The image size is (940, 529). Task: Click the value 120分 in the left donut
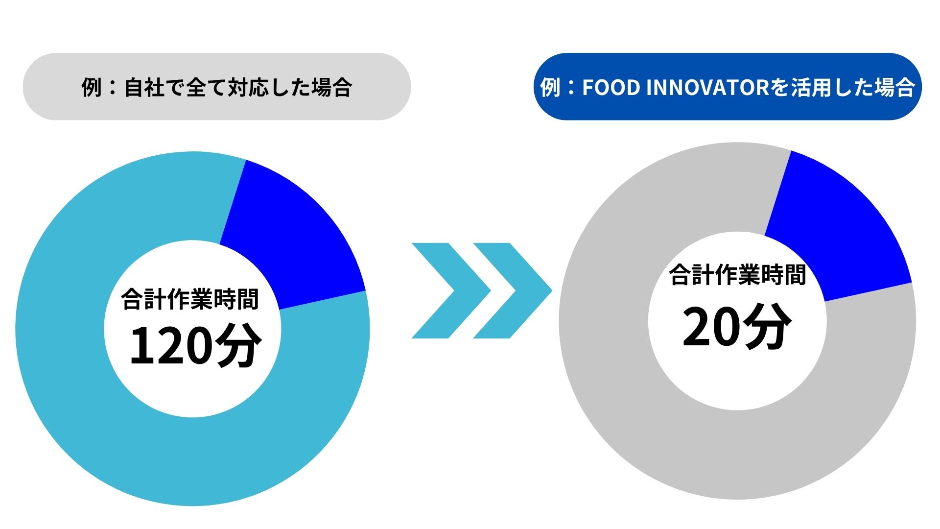(x=195, y=345)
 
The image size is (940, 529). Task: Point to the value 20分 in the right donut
(x=737, y=326)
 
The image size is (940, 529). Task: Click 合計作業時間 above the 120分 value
(x=190, y=299)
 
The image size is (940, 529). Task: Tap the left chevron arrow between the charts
(x=451, y=290)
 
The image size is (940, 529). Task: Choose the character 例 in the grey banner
(x=92, y=88)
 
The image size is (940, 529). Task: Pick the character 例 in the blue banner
(x=550, y=88)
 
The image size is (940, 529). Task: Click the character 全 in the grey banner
(x=196, y=88)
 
